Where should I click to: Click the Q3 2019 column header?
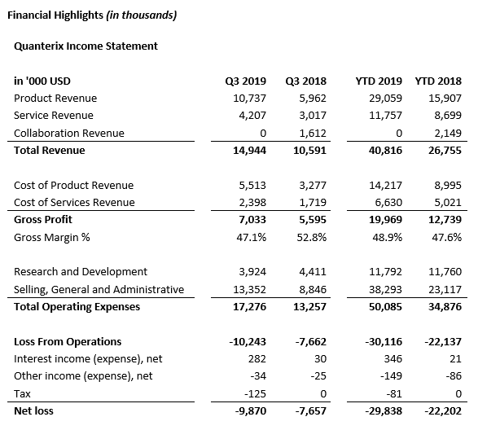tap(245, 81)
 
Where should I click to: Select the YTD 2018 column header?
tap(438, 81)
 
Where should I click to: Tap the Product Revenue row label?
tap(55, 99)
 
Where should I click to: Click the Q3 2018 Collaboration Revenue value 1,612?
tap(313, 134)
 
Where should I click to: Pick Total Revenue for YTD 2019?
tap(385, 151)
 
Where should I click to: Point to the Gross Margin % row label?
tap(52, 237)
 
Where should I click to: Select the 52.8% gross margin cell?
tap(312, 237)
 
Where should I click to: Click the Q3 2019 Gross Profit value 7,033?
tap(252, 220)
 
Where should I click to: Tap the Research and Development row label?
tap(81, 272)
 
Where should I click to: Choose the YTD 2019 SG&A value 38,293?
tap(385, 289)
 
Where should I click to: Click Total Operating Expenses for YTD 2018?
tap(445, 306)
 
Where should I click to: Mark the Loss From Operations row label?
tap(68, 341)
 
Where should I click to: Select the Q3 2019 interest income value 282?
tap(257, 358)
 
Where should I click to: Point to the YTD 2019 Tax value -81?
tap(391, 393)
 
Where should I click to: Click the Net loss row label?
tap(33, 410)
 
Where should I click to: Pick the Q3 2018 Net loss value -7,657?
tap(310, 410)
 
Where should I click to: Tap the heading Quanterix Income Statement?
tap(86, 46)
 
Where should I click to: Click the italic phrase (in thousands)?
tap(142, 15)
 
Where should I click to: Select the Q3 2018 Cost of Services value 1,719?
tap(313, 202)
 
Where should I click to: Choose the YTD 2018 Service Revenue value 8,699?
tap(448, 116)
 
